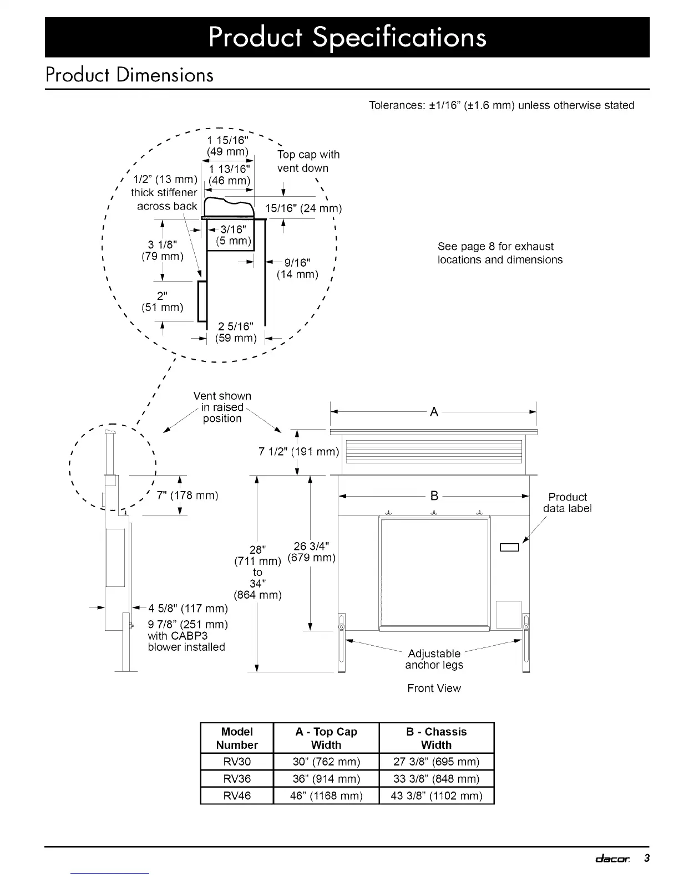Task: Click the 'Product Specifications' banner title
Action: (347, 37)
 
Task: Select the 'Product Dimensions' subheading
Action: (129, 75)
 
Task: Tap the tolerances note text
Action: (501, 105)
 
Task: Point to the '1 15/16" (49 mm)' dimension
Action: (227, 146)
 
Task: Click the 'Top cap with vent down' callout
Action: (308, 161)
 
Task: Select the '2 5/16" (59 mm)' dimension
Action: (236, 332)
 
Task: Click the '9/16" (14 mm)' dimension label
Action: (297, 268)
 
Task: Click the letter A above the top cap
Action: (434, 412)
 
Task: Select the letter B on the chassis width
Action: (434, 496)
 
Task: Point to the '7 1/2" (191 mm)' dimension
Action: (298, 451)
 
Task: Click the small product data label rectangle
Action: (509, 548)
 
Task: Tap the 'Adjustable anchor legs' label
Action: (434, 659)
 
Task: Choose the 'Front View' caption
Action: (434, 688)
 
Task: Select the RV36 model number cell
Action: (237, 778)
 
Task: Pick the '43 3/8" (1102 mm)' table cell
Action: (436, 795)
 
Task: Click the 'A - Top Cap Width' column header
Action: (326, 738)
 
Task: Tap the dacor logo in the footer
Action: (612, 859)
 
